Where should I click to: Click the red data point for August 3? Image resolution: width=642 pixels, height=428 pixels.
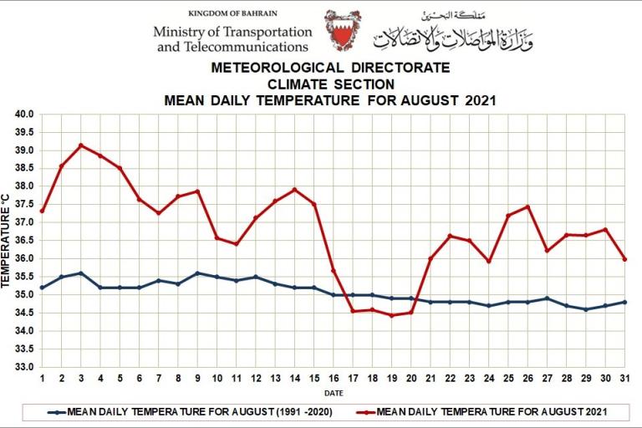click(81, 145)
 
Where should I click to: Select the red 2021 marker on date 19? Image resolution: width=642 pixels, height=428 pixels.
click(391, 315)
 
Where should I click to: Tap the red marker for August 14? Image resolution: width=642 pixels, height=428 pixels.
click(294, 190)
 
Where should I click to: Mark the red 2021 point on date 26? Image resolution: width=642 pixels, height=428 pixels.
click(527, 206)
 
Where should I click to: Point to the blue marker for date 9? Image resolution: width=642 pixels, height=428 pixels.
click(197, 273)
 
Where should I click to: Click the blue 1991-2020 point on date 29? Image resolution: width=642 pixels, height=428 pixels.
click(585, 309)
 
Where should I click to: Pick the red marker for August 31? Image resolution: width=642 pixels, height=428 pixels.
click(624, 259)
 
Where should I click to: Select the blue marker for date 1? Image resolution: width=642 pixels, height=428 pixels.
click(42, 288)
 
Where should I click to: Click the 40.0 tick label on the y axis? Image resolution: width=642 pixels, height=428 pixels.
click(23, 115)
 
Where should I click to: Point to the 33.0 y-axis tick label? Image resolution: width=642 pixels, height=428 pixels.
click(23, 367)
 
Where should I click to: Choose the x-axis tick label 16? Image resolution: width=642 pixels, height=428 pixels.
click(333, 379)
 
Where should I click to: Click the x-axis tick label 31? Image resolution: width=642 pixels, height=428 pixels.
click(624, 379)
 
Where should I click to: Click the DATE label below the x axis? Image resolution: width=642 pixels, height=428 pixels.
click(333, 393)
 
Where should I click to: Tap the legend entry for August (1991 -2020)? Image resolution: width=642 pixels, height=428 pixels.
click(193, 412)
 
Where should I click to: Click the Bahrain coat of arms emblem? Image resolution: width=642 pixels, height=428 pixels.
click(343, 31)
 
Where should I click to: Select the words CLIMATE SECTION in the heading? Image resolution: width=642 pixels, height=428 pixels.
click(330, 84)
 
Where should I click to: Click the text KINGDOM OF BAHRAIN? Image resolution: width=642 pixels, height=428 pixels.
click(232, 13)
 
